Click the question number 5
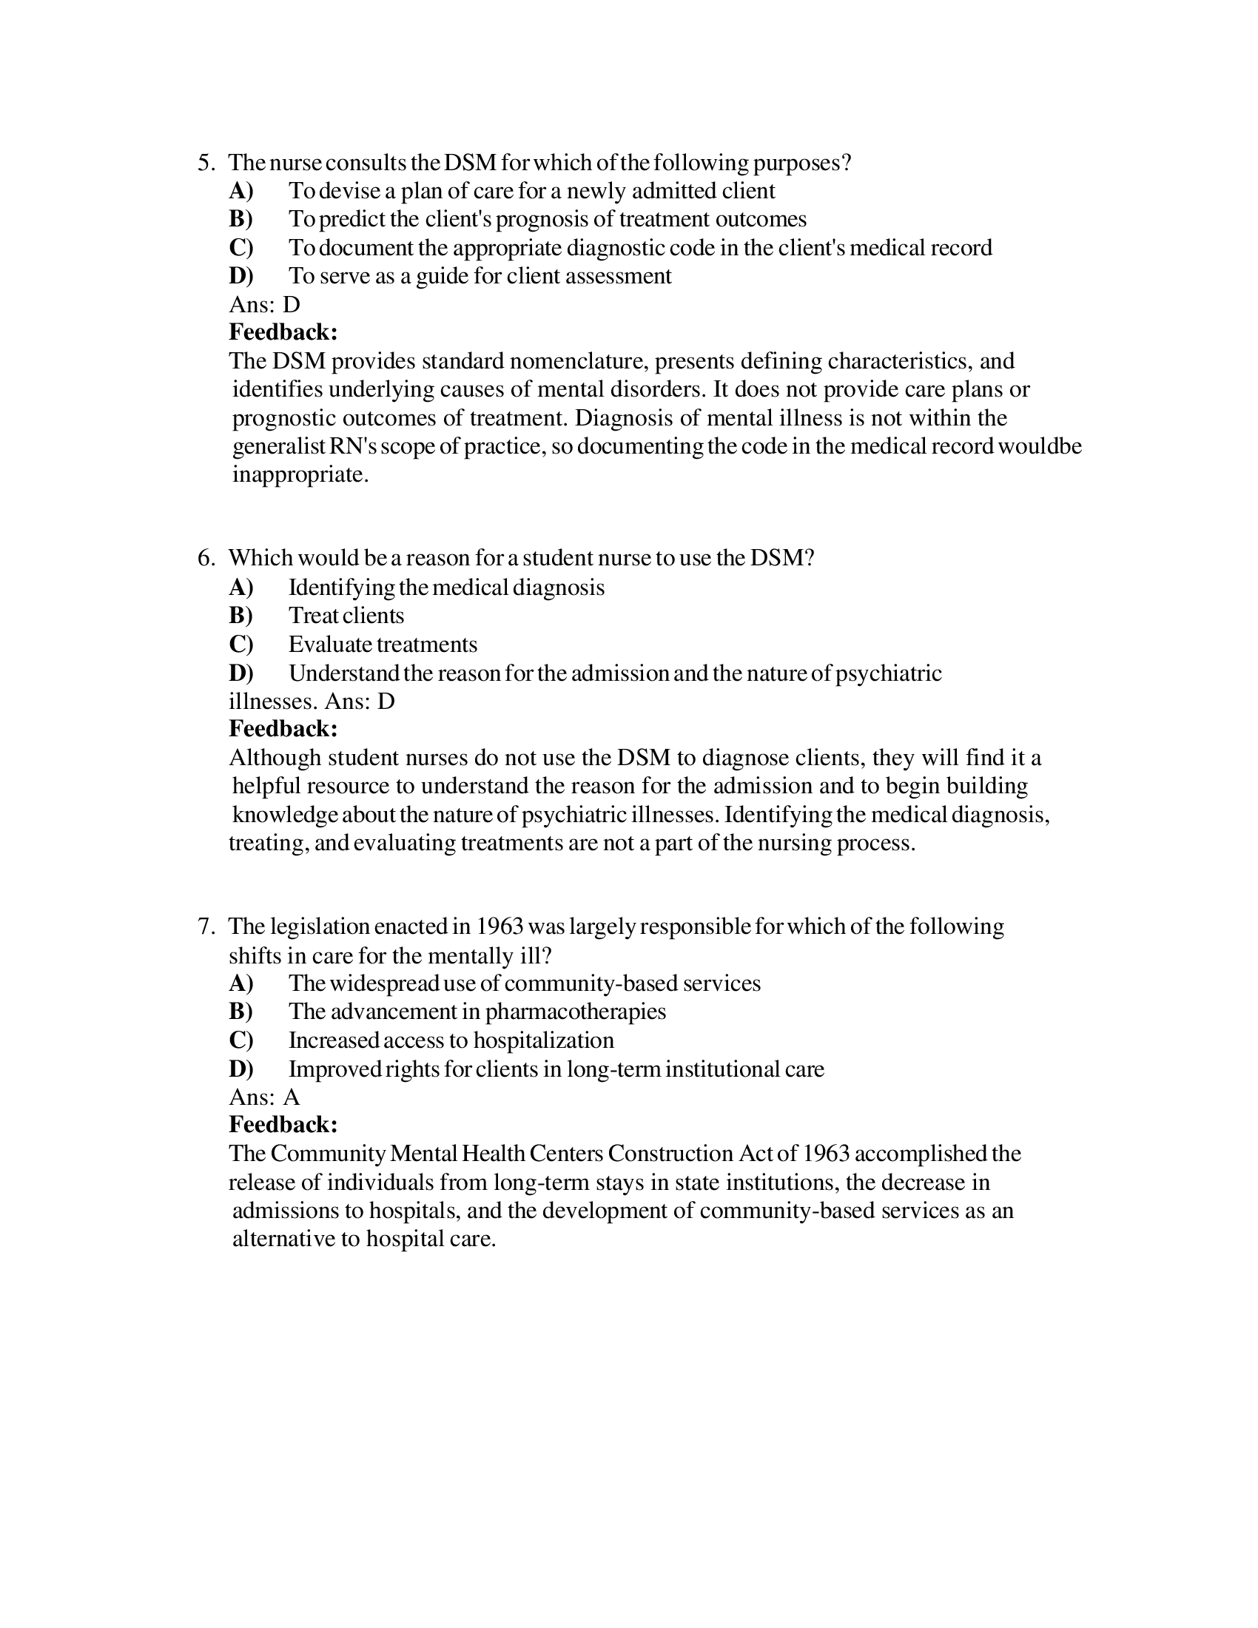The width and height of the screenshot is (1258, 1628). tap(205, 163)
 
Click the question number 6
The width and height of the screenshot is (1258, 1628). tap(205, 557)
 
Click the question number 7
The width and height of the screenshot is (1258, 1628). tap(205, 926)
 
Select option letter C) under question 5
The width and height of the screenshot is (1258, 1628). tap(240, 246)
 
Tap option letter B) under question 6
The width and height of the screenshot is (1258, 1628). tap(240, 615)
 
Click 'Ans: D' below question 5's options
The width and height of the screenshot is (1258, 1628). tap(265, 304)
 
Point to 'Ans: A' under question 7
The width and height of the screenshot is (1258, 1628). tap(265, 1097)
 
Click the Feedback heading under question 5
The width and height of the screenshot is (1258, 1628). tap(283, 332)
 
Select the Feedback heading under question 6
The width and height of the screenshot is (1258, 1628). tap(283, 727)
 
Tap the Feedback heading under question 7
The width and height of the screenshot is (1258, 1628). tap(283, 1124)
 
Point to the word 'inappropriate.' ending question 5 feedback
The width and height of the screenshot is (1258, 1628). tap(300, 474)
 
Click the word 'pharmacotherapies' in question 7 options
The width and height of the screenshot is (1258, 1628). tap(575, 1012)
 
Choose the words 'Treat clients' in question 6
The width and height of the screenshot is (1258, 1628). tap(346, 615)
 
